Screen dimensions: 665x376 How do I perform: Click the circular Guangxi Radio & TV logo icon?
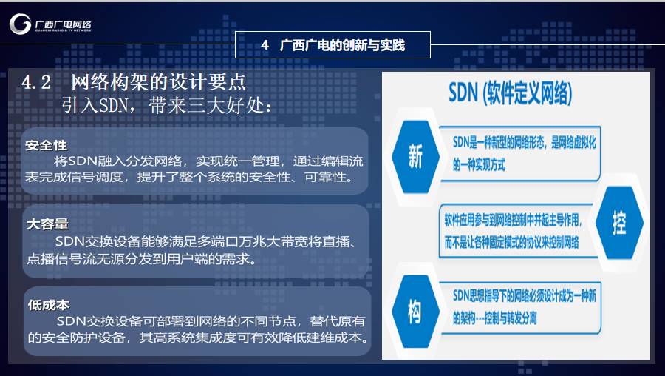[21, 24]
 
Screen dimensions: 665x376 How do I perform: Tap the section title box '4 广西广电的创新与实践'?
[333, 44]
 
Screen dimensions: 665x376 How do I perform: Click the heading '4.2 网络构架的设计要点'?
[134, 82]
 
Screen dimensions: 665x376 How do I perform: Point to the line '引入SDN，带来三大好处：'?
[167, 105]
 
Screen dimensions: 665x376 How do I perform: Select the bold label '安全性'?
[47, 145]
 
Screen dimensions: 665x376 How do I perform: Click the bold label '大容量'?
[47, 224]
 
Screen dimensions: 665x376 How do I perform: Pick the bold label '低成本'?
[49, 305]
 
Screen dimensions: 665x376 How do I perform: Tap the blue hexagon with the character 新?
[415, 157]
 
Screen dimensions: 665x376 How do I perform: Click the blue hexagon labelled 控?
[619, 223]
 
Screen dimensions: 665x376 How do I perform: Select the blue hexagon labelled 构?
[415, 312]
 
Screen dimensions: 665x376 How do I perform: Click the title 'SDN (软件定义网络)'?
[510, 93]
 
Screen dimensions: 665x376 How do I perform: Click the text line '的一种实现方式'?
[479, 165]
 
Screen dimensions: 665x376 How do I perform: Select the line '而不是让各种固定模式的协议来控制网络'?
[511, 243]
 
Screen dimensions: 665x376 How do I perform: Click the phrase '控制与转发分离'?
[511, 318]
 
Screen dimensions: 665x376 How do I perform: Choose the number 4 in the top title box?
[265, 44]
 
